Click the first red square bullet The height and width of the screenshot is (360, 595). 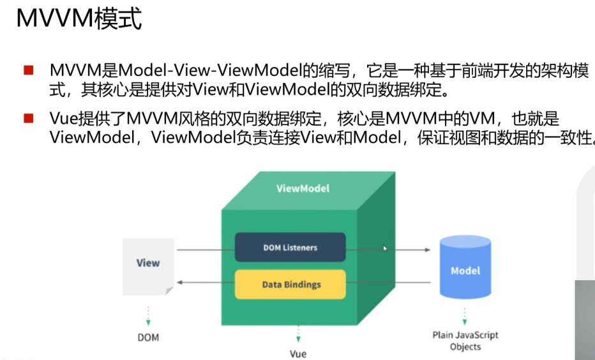pyautogui.click(x=29, y=70)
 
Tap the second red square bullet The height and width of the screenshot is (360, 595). pyautogui.click(x=29, y=119)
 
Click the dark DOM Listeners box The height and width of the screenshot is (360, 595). pyautogui.click(x=290, y=248)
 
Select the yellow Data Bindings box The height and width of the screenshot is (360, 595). pyautogui.click(x=290, y=285)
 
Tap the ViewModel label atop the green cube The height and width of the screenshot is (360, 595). pyautogui.click(x=303, y=188)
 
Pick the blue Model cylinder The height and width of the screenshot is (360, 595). pyautogui.click(x=465, y=270)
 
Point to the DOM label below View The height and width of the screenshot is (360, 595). pyautogui.click(x=148, y=337)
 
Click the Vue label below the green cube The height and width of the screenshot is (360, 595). pyautogui.click(x=298, y=354)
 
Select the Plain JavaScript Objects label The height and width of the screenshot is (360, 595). pyautogui.click(x=465, y=341)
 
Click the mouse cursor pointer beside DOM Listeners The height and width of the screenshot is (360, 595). pyautogui.click(x=385, y=248)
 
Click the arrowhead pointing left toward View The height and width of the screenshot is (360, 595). pyautogui.click(x=181, y=281)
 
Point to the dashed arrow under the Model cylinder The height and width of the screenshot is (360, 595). pyautogui.click(x=465, y=315)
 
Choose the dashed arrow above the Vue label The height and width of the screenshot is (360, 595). pyautogui.click(x=298, y=335)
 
